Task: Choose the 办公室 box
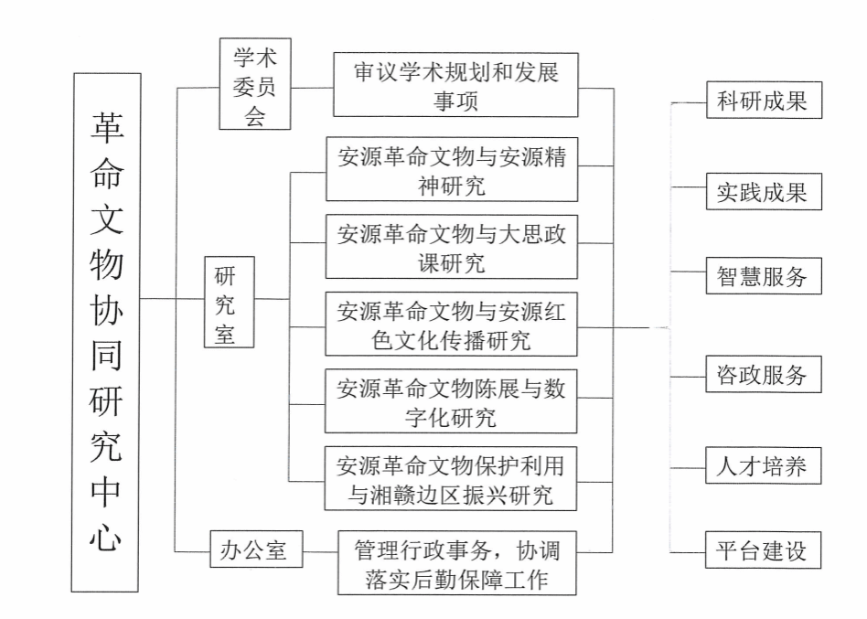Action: tap(255, 550)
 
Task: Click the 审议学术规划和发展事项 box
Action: tap(455, 85)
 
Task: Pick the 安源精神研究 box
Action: tap(452, 170)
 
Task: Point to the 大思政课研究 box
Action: tap(452, 247)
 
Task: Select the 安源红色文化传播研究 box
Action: tap(452, 325)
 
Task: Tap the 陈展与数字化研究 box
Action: tap(452, 402)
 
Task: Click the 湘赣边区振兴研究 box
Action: tap(452, 479)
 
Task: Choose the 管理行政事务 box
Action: tap(457, 562)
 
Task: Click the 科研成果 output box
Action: tap(763, 101)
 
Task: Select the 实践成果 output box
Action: tap(763, 192)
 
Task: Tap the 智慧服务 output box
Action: tap(763, 276)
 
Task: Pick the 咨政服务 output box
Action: tap(763, 374)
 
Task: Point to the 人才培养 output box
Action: tap(763, 465)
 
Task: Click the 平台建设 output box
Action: tap(763, 550)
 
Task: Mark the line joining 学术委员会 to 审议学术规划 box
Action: tap(312, 88)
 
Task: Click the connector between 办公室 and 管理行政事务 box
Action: tap(320, 551)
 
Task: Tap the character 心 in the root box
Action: tap(106, 535)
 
